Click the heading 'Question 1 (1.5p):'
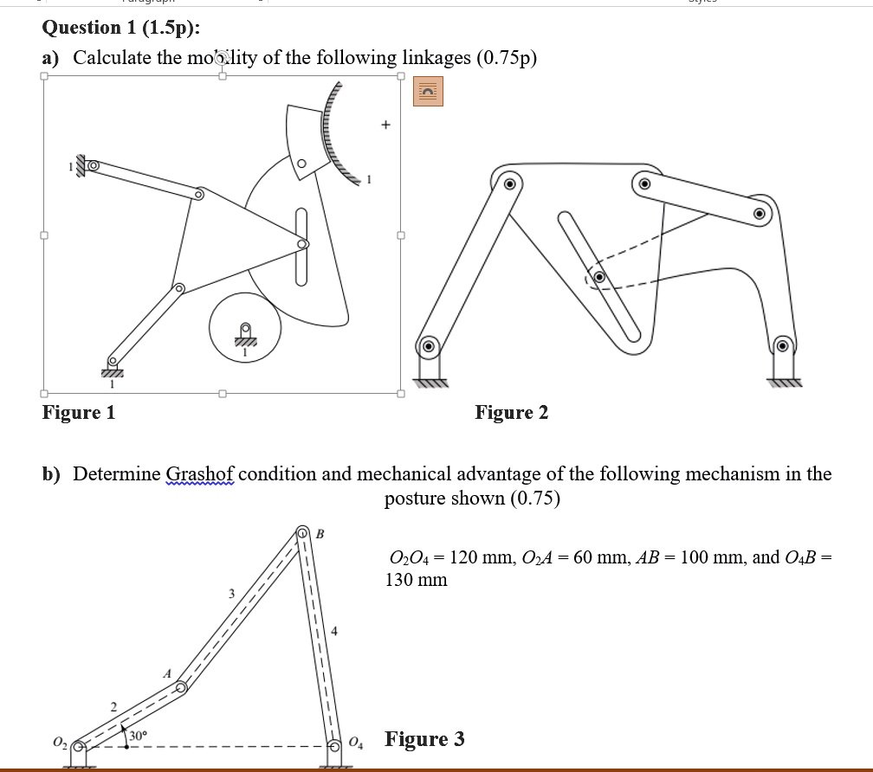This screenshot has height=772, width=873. tap(121, 27)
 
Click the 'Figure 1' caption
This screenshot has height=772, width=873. tap(79, 412)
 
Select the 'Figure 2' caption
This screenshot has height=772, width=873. tap(511, 412)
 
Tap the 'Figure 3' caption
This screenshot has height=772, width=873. tap(424, 739)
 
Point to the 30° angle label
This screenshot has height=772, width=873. tap(138, 736)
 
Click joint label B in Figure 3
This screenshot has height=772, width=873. tap(320, 533)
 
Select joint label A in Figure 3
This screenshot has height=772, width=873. tap(167, 672)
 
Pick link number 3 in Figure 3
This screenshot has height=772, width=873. tap(230, 594)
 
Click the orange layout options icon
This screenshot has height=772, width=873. tap(428, 91)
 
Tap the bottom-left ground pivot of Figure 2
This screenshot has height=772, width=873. tap(428, 347)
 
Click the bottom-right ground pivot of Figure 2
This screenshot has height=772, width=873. tap(781, 346)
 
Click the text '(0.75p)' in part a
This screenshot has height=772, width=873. tap(505, 58)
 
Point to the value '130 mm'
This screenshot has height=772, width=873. tap(417, 580)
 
